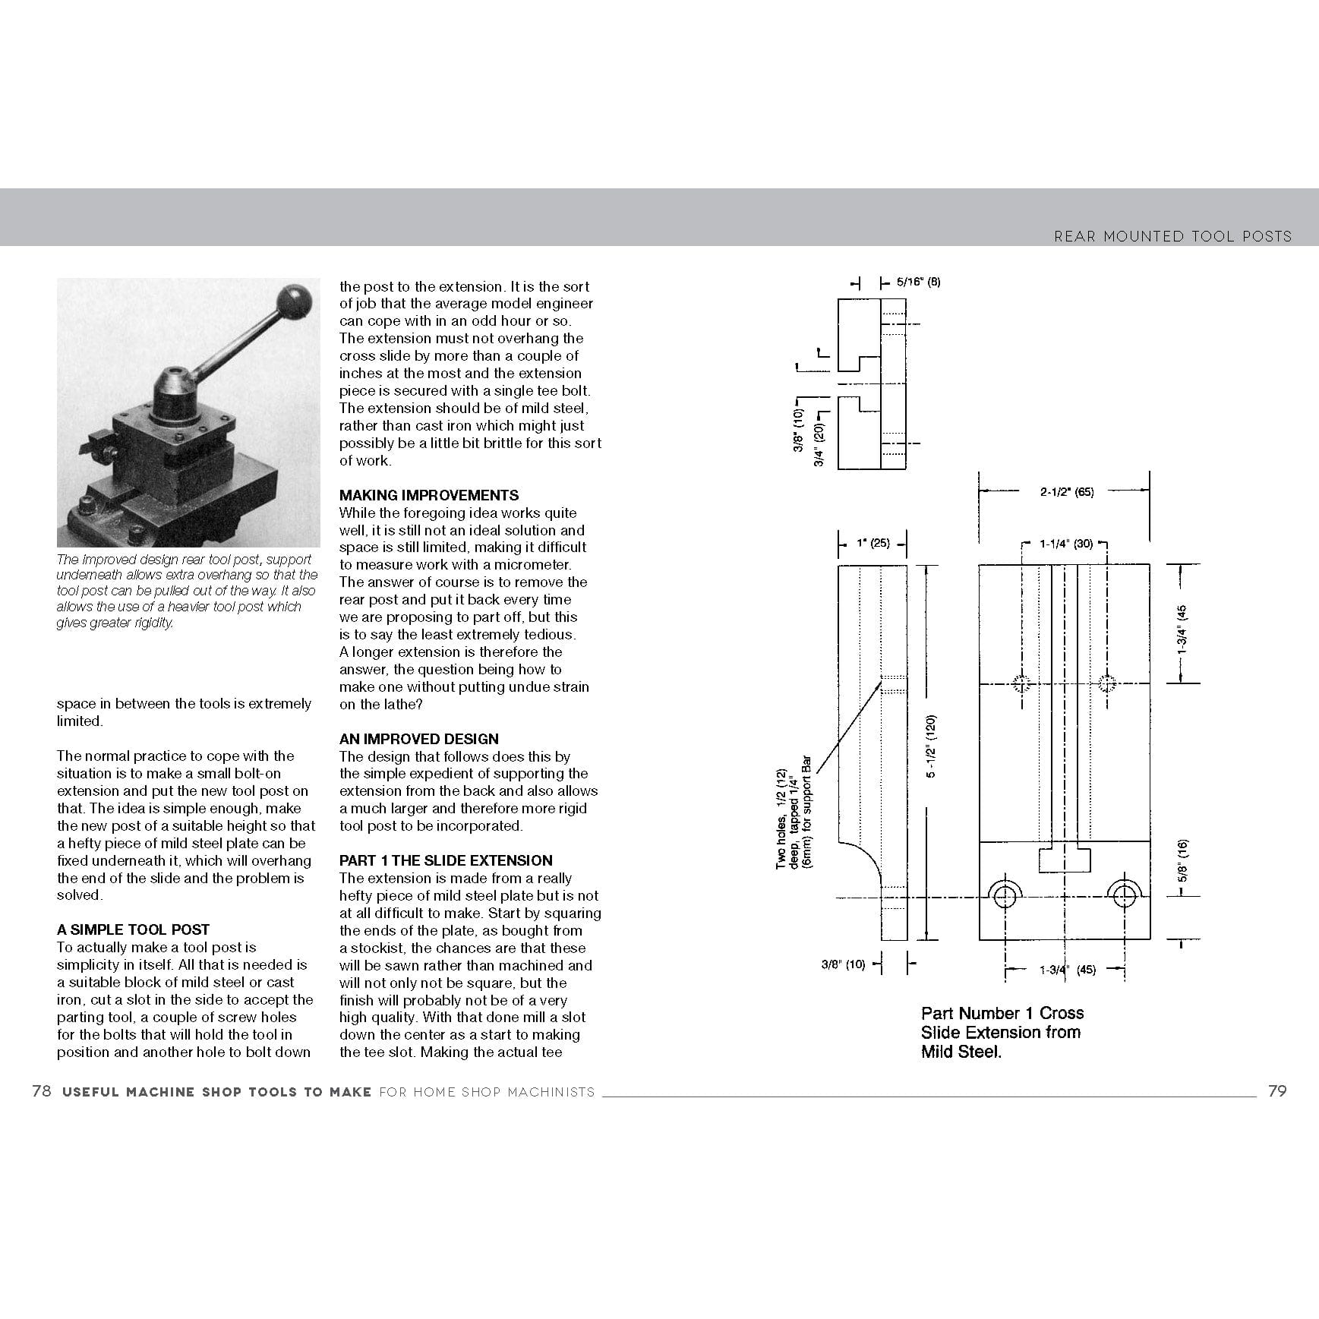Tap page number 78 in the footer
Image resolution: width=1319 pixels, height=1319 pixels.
point(42,1091)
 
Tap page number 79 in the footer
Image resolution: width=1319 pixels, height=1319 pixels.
point(1277,1091)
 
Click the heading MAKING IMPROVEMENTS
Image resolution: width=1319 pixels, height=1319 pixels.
point(429,495)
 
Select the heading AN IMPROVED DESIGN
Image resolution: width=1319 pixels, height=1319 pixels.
point(419,739)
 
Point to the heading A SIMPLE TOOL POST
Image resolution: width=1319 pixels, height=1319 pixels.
point(133,929)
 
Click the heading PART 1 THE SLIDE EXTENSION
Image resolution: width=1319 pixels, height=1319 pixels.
point(446,860)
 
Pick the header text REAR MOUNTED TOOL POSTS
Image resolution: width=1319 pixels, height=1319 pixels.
point(1172,236)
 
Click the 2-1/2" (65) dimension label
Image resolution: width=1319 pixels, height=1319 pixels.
point(1066,492)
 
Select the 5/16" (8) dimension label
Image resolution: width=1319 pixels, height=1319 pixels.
point(918,282)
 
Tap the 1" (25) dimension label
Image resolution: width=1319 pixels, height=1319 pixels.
point(872,543)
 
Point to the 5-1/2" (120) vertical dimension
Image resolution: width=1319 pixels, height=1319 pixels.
point(932,746)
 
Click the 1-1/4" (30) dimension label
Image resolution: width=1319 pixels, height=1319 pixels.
point(1065,544)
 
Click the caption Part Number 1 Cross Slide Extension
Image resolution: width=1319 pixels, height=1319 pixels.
point(1002,1032)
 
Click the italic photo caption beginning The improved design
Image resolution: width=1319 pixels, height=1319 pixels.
point(187,591)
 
